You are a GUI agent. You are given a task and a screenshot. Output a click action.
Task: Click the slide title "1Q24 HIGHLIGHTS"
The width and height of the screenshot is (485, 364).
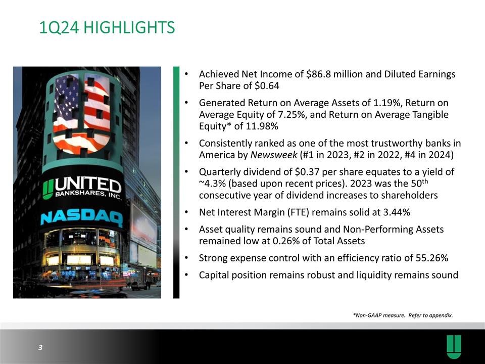pyautogui.click(x=107, y=27)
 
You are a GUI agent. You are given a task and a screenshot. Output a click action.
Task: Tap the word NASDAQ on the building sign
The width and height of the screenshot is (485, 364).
pyautogui.click(x=81, y=218)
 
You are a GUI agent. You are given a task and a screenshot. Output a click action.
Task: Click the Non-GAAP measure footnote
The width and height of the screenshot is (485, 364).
pyautogui.click(x=403, y=315)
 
